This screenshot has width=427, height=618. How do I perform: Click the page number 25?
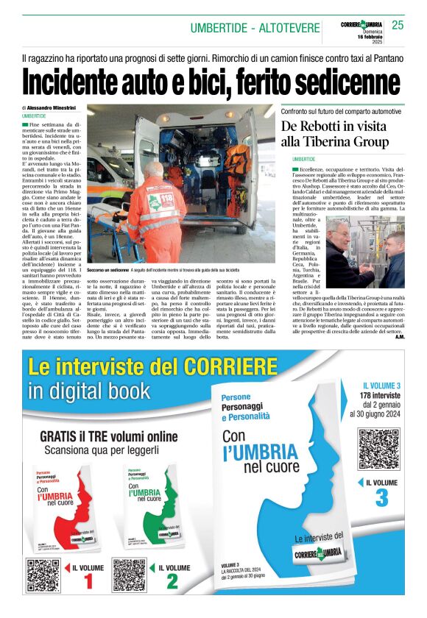point(398,25)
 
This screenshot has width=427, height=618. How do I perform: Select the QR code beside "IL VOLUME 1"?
point(42,575)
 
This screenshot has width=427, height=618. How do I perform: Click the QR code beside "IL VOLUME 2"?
point(129,575)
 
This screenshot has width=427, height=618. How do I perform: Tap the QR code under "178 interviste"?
point(378,450)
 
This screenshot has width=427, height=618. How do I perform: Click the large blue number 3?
point(381,497)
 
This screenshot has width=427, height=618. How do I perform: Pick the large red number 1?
point(87,582)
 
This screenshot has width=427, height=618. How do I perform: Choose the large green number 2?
point(172,582)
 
